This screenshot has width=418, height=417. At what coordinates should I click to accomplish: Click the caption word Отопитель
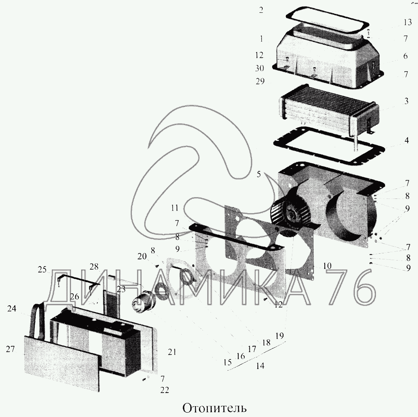214,408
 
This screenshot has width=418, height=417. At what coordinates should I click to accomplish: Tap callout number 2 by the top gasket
261,10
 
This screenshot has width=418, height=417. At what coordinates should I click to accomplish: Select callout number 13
408,22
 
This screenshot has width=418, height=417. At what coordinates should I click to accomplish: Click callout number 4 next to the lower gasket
406,140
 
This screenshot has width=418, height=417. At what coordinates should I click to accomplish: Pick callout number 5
259,174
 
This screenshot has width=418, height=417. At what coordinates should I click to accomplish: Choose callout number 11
175,208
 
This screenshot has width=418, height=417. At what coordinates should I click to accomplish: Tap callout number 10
327,266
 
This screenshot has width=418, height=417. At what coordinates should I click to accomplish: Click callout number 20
142,257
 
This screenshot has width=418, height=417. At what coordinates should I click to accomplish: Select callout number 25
42,269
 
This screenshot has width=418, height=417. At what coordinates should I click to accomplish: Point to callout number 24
12,309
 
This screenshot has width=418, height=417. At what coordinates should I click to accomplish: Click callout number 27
10,349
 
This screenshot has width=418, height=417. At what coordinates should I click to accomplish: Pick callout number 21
172,352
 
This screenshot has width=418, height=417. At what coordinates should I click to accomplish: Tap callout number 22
165,390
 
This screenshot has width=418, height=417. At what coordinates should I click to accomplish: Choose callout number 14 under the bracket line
260,366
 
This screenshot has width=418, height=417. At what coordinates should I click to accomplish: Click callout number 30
259,68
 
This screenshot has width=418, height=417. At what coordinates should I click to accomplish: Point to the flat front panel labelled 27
62,363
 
